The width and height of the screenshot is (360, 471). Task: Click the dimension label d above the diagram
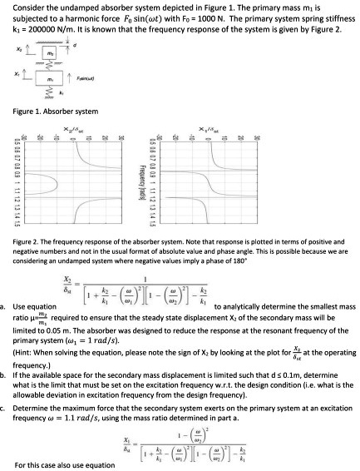[75, 44]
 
